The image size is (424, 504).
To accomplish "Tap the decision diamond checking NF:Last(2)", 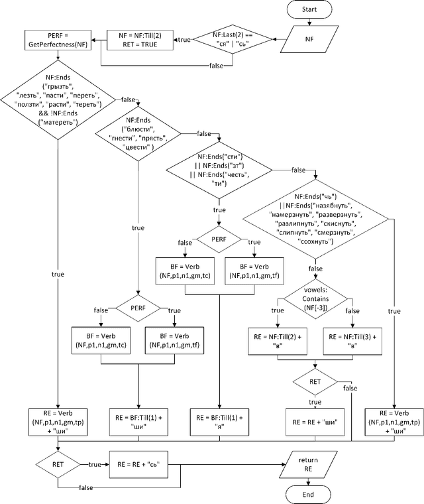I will (x=233, y=40).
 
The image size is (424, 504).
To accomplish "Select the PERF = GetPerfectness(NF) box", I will (x=58, y=40).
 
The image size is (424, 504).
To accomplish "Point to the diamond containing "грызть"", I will (x=58, y=99).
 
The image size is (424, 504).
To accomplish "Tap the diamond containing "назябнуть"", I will (x=315, y=220).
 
